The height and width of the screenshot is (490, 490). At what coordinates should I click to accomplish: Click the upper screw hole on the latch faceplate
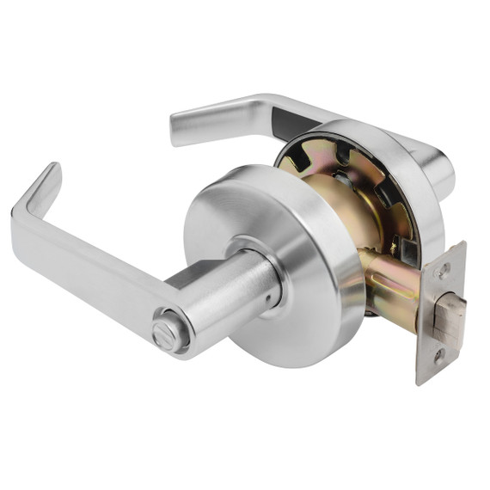tap(444, 269)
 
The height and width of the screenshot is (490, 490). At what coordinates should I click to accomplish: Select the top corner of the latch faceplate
tap(462, 244)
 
